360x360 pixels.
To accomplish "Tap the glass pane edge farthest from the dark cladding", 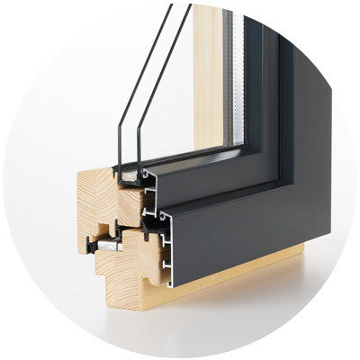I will pos(126,99).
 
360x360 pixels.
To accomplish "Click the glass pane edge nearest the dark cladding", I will pos(155,90).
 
